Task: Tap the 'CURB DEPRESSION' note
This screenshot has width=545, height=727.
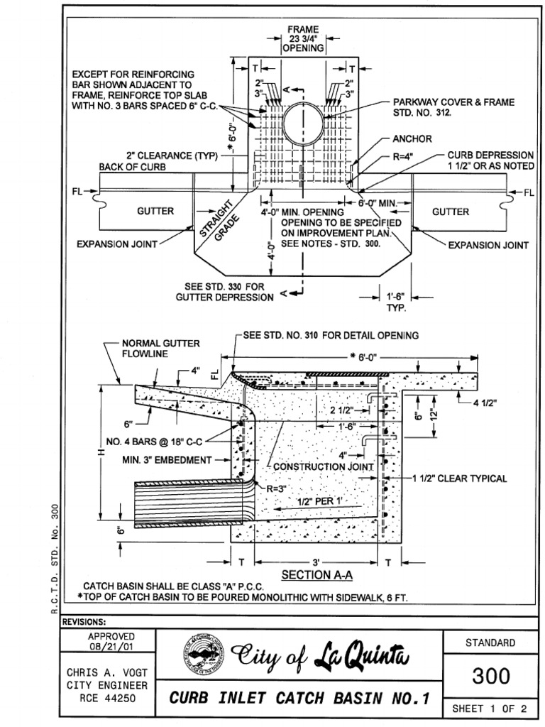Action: (490, 159)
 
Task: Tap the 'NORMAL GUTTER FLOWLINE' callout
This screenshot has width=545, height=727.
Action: (151, 348)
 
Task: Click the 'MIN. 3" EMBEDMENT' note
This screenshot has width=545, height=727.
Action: (167, 459)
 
